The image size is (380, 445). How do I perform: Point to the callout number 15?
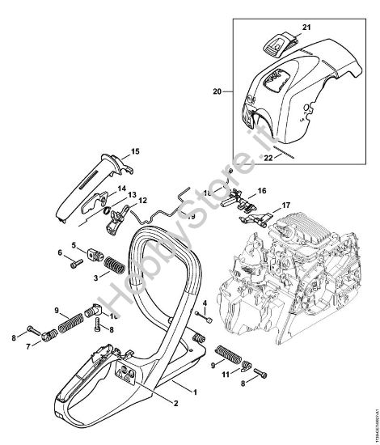pyautogui.click(x=135, y=151)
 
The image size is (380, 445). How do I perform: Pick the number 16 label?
pyautogui.click(x=260, y=191)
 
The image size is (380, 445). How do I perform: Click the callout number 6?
pyautogui.click(x=60, y=253)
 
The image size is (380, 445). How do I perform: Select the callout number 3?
pyautogui.click(x=97, y=277)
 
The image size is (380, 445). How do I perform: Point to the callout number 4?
pyautogui.click(x=205, y=303)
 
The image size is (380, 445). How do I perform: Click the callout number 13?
pyautogui.click(x=130, y=194)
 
